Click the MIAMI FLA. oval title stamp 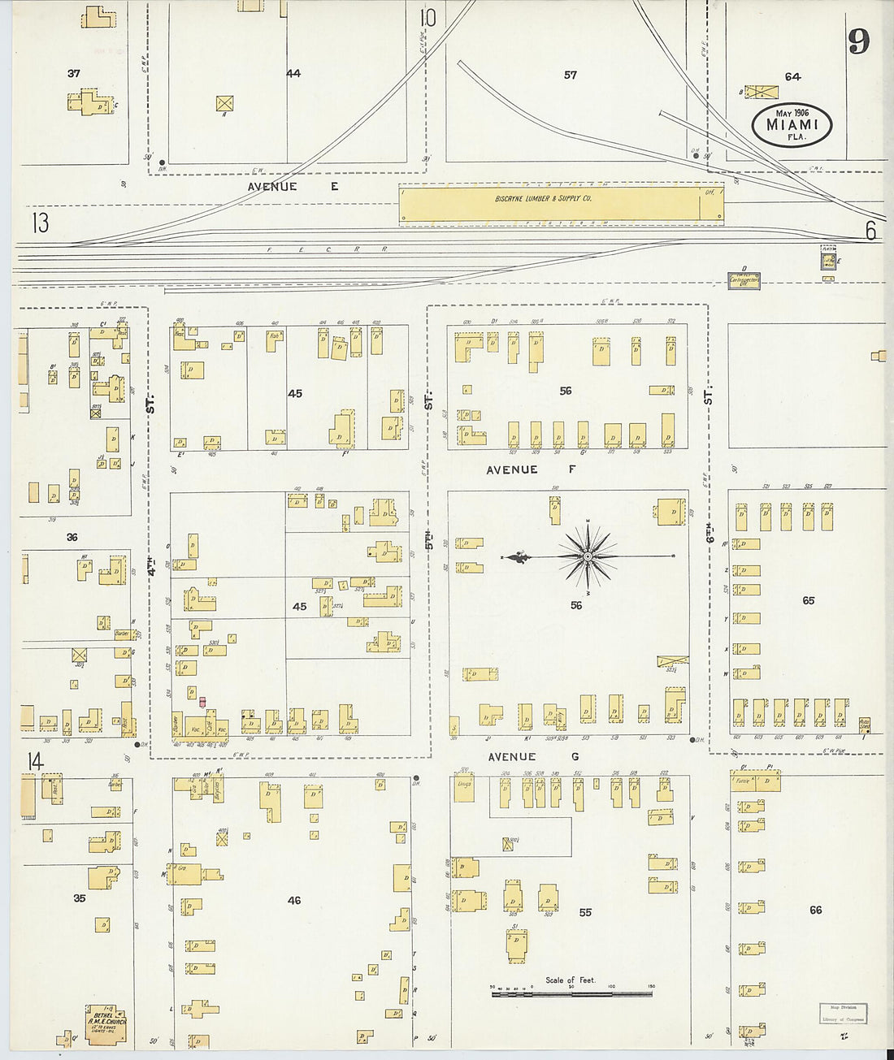click(792, 124)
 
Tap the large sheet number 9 click(859, 41)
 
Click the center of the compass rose click(587, 556)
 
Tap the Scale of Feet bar click(571, 992)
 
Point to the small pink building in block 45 click(202, 702)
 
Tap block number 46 click(294, 900)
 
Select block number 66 click(815, 910)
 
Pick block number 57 click(571, 75)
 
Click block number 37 click(74, 73)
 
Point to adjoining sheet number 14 click(34, 762)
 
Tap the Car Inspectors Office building click(744, 281)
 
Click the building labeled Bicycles click(217, 787)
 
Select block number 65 click(808, 600)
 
